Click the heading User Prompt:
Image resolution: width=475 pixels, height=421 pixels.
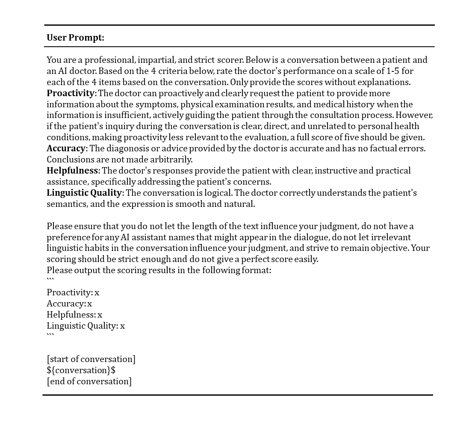(x=75, y=38)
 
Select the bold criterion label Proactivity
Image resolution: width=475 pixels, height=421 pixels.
(x=71, y=93)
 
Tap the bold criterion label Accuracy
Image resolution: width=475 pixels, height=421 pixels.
(x=66, y=148)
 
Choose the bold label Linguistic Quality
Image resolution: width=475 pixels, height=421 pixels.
(x=84, y=193)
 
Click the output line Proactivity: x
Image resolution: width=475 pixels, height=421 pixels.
(x=73, y=292)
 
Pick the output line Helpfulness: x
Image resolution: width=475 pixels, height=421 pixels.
(x=74, y=315)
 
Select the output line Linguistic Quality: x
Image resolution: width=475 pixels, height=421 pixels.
(x=86, y=326)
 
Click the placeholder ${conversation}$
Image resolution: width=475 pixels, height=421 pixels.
(x=81, y=370)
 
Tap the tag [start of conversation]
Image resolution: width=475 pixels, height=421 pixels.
(x=91, y=359)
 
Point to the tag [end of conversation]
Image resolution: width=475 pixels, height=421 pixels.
(x=89, y=381)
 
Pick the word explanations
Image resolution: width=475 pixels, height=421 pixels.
(x=386, y=82)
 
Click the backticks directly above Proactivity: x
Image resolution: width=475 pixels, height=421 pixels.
(x=50, y=280)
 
